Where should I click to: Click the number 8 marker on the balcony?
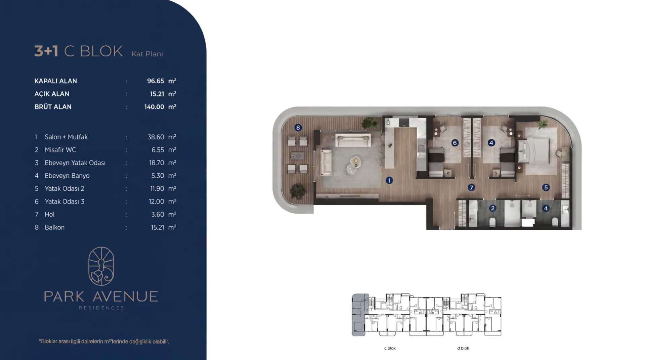tap(298, 128)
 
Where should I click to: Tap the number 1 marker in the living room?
tap(389, 180)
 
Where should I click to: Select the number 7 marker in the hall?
tap(471, 187)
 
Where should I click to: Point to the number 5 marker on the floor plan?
tap(546, 187)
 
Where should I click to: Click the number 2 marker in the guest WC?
tap(492, 208)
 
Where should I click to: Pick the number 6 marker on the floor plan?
tap(455, 143)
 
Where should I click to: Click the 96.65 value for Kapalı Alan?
tap(156, 81)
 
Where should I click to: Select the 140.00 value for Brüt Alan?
tap(154, 107)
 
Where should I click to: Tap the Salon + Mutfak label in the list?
tap(66, 137)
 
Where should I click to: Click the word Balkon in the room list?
tap(55, 227)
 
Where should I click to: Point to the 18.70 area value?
tap(157, 163)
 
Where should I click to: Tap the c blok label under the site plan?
tap(390, 348)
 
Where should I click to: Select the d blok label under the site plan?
tap(463, 348)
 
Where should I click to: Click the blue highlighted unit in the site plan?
tap(358, 315)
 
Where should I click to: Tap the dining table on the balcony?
tap(297, 156)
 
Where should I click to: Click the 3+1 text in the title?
tap(46, 51)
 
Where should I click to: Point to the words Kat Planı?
tap(147, 54)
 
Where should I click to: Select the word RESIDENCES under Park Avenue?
tap(101, 308)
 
